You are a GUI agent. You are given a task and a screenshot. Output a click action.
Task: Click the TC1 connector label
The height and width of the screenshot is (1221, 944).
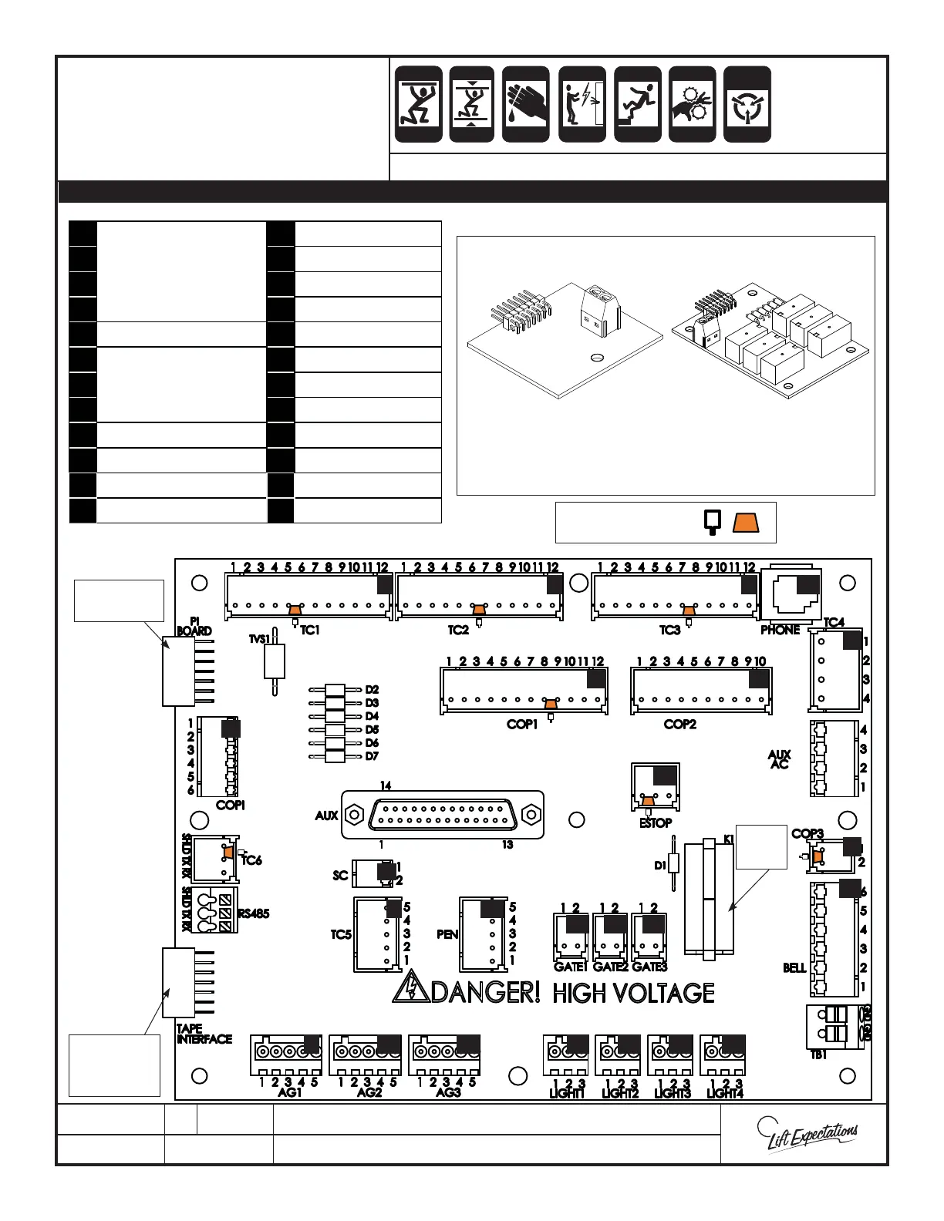(310, 631)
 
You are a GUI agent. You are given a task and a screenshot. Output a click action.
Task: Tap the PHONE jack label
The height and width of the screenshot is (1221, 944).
(780, 631)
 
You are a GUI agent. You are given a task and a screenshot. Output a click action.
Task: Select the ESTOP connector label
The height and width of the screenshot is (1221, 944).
(656, 823)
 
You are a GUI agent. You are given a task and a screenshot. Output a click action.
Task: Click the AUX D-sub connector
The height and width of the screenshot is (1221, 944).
(442, 814)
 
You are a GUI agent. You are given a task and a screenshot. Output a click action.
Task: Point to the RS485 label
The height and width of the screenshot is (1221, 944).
(253, 914)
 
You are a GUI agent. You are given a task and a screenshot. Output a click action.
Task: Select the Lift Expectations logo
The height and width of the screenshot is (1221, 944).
(807, 1136)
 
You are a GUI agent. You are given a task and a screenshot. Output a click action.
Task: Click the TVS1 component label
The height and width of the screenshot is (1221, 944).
(260, 639)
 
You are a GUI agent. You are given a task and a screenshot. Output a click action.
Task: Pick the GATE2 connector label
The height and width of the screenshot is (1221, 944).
(610, 967)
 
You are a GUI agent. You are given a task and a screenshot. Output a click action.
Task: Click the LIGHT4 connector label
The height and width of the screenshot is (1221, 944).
(725, 1094)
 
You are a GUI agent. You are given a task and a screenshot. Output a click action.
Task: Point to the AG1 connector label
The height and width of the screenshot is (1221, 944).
(290, 1093)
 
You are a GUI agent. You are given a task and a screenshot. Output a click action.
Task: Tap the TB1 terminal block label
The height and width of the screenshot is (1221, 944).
(818, 1055)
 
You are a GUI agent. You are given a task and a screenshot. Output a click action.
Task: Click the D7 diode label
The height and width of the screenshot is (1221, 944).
(372, 757)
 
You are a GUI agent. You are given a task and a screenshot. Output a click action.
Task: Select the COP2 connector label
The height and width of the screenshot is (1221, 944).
(679, 725)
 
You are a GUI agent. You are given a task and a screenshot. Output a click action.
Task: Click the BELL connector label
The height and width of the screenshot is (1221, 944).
(794, 968)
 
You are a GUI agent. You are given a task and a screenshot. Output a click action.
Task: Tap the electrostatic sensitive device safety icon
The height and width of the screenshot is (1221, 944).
(747, 104)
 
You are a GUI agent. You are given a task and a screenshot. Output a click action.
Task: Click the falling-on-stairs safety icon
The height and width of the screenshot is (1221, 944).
(637, 104)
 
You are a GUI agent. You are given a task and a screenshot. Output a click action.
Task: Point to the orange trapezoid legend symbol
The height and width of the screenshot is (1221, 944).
(746, 523)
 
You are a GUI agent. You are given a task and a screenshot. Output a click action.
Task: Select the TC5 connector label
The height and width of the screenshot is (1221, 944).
(341, 935)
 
